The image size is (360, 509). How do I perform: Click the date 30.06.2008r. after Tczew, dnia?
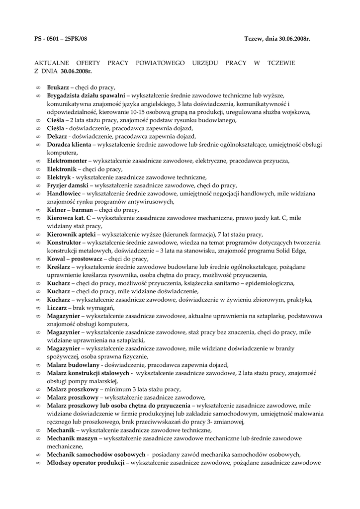293,38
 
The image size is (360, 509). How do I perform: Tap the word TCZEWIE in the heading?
281,63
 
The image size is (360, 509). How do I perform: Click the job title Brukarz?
58,87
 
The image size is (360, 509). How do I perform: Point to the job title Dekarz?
57,137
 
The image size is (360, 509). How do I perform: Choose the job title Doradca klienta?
69,145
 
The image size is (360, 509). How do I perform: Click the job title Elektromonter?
67,161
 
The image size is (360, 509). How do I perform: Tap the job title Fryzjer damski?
68,185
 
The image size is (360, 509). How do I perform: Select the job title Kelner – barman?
70,210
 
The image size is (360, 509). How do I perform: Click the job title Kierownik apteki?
72,234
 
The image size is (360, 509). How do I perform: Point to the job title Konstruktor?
64,243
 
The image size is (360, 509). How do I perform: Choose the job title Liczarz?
57,308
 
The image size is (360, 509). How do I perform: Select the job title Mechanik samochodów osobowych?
96,454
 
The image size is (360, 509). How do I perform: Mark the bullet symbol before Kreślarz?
39,267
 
